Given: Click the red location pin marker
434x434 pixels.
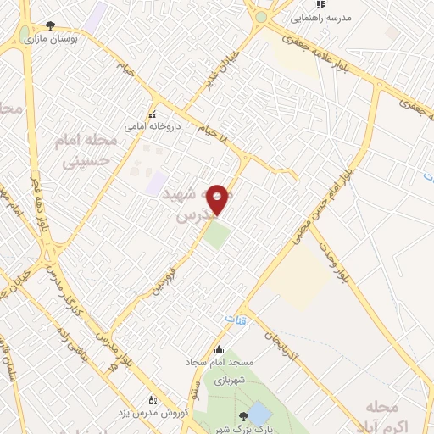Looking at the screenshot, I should [x=218, y=199].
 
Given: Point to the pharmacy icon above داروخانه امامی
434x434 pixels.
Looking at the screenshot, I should [x=153, y=114].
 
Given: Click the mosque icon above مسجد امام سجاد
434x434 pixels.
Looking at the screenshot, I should [x=219, y=350].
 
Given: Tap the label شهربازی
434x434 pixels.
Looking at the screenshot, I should [x=229, y=381].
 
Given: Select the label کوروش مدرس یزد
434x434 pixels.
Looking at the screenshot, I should [x=149, y=414].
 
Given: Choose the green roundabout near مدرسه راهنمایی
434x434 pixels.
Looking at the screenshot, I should [x=261, y=17].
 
